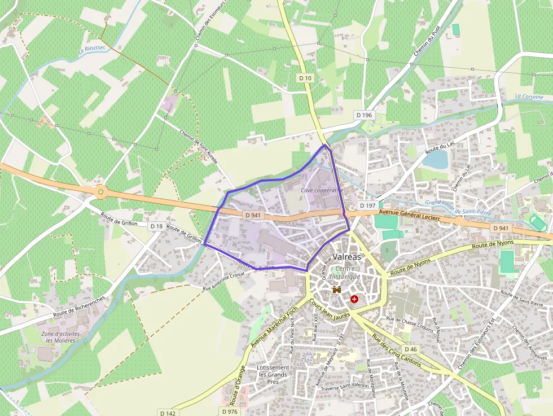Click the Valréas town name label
pos(347,256)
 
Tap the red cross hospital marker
pos(354,299)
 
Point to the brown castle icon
pos(337,290)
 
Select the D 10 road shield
pos(305,78)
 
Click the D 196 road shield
pos(365,115)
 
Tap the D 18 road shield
pos(157,226)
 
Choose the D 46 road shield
pos(411,350)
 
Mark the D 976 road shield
pos(230,411)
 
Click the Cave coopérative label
pos(322,190)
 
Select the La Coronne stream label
pos(529,97)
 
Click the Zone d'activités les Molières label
pos(60,337)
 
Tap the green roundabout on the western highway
pos(101,192)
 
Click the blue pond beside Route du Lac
pos(435,160)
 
